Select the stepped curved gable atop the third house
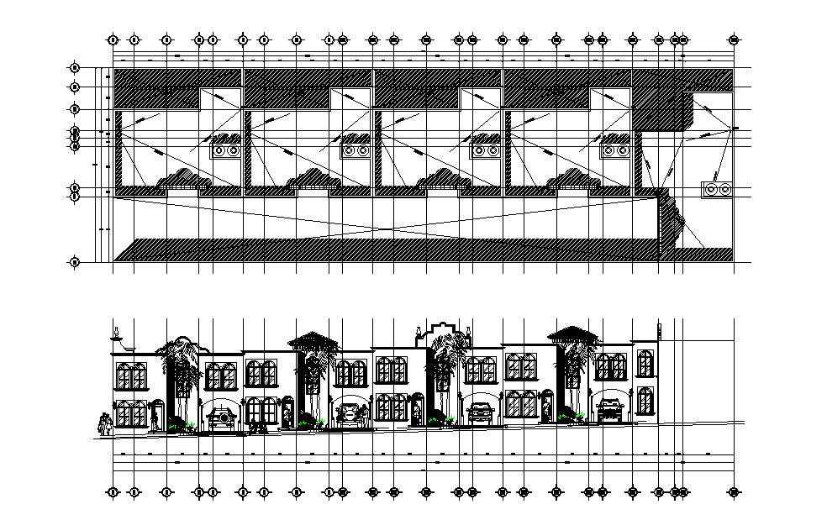coord(439,329)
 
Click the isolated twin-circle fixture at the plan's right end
coord(717,189)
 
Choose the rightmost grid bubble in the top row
coord(734,39)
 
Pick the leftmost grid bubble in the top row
coord(113,39)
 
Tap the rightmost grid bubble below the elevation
coord(734,491)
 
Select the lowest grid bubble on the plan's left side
coord(75,263)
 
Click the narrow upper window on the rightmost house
coord(645,363)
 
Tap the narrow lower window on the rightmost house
coord(645,401)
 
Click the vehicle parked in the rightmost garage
coord(609,410)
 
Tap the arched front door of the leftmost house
coord(156,416)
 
